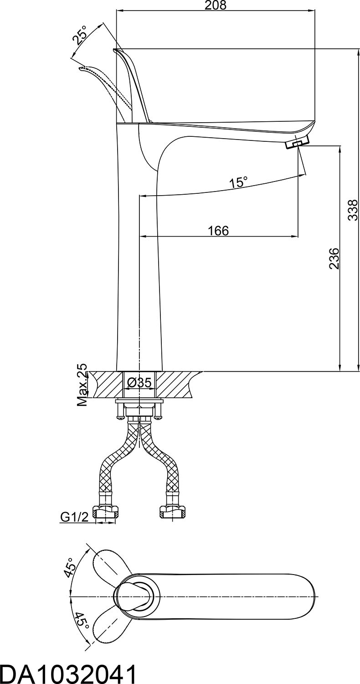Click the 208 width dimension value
216,5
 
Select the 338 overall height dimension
353,210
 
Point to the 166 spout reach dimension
218,231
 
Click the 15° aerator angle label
239,182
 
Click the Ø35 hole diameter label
139,382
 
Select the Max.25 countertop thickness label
82,385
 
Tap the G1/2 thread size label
74,517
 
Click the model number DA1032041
68,672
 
